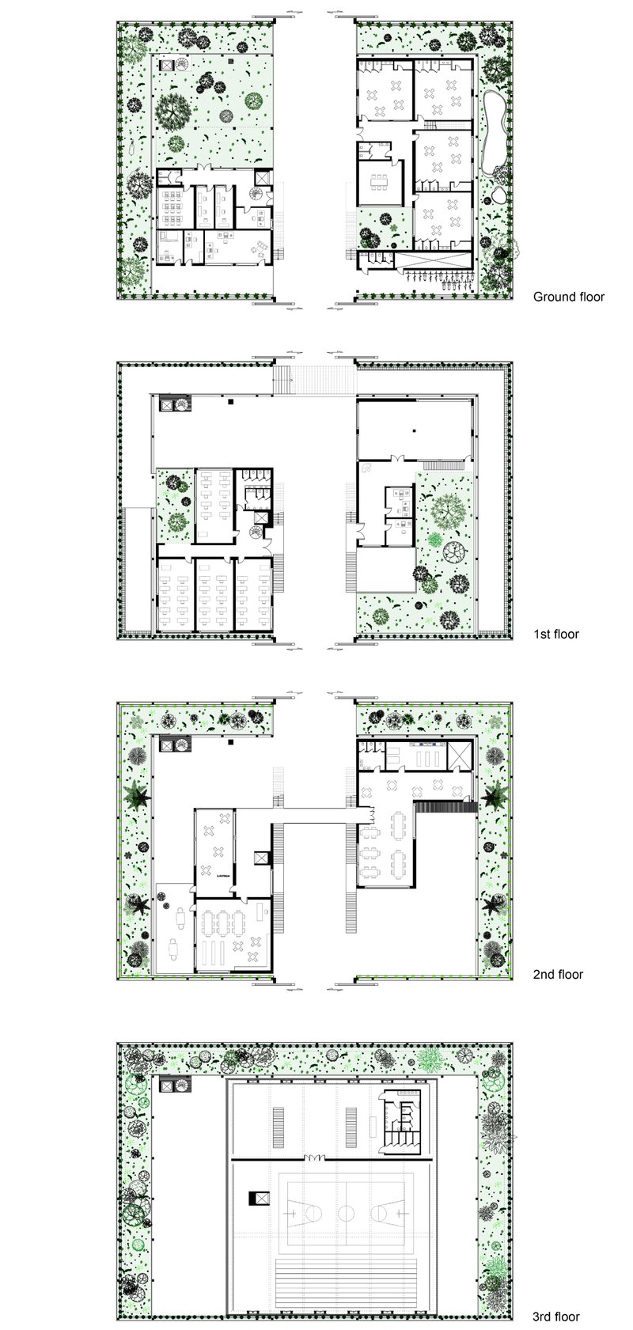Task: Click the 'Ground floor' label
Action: tap(568, 297)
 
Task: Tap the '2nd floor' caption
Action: tap(558, 974)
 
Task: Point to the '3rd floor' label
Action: tap(556, 1317)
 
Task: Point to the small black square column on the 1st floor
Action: tap(230, 403)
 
